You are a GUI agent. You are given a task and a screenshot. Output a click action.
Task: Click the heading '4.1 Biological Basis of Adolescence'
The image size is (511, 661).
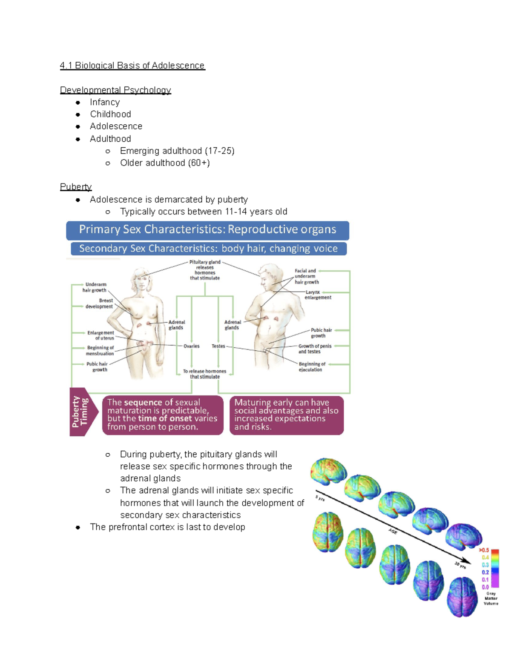click(x=132, y=66)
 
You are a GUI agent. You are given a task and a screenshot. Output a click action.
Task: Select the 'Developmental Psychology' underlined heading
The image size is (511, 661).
click(x=115, y=90)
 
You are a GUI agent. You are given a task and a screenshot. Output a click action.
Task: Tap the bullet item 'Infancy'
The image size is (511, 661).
click(x=105, y=102)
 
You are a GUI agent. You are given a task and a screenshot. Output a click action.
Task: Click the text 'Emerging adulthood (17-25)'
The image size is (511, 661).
click(x=177, y=151)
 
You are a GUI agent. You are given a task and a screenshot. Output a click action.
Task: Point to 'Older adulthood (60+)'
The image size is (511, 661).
click(x=165, y=163)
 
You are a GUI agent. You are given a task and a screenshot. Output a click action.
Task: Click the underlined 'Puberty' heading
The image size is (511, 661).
click(x=76, y=187)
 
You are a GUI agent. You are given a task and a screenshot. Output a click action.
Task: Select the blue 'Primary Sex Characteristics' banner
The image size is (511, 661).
click(x=207, y=230)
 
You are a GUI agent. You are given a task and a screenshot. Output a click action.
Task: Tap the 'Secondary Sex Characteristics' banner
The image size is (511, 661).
click(x=208, y=249)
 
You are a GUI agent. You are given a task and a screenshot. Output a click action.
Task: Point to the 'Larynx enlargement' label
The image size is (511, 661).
click(x=317, y=295)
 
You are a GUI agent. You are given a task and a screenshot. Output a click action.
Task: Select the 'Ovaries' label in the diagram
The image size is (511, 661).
click(x=191, y=346)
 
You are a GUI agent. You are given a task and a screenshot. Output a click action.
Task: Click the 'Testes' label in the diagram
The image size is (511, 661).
click(x=218, y=346)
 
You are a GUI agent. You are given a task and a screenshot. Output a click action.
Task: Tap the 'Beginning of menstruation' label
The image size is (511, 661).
click(x=100, y=350)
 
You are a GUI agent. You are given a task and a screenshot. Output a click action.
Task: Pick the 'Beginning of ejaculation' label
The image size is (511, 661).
click(x=312, y=367)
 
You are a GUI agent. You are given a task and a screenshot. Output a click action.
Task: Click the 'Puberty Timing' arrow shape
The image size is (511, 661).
click(x=82, y=412)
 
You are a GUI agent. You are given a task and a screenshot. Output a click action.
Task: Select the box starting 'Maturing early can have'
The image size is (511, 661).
click(x=286, y=415)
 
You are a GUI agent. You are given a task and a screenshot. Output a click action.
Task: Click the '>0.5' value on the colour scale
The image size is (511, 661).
click(x=484, y=550)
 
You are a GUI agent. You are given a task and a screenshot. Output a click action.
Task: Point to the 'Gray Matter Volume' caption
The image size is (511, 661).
click(x=491, y=598)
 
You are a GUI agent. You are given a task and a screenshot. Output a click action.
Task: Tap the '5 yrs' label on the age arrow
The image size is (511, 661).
click(x=320, y=498)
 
